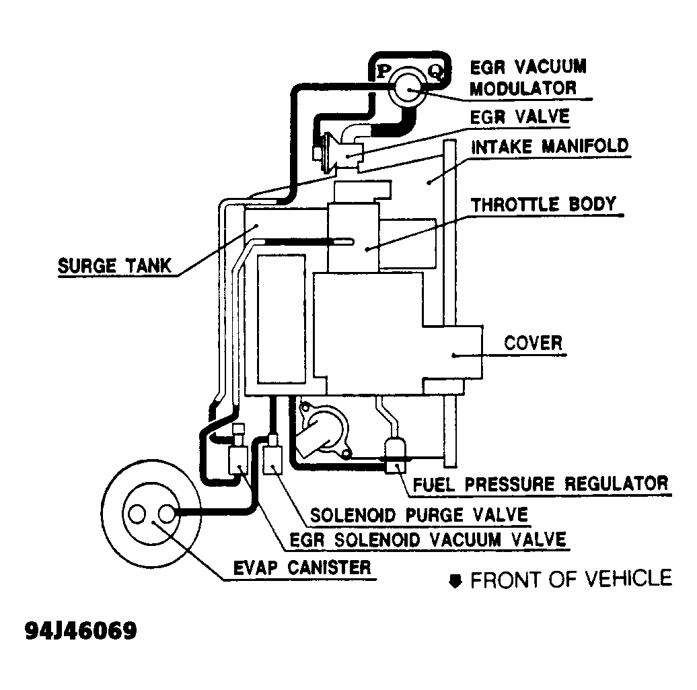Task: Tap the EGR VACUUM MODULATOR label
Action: [527, 77]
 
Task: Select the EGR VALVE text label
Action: [519, 116]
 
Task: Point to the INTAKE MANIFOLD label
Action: [550, 146]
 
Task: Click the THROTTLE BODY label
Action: [543, 204]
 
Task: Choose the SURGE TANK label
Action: [114, 265]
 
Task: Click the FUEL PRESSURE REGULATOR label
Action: [540, 483]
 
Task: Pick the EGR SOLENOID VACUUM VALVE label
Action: [428, 539]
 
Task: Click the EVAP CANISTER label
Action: [301, 567]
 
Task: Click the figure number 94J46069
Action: [81, 631]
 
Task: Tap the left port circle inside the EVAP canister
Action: [138, 514]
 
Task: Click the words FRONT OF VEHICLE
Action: [571, 579]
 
